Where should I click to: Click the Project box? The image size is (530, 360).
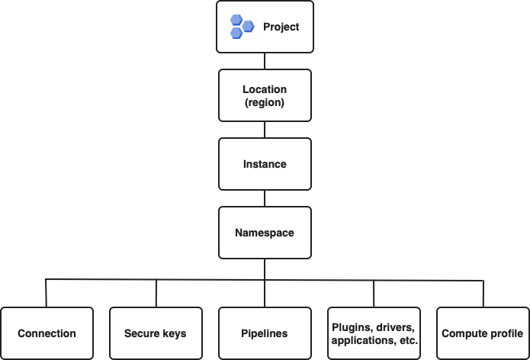[x=265, y=27]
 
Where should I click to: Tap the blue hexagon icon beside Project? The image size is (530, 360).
[x=243, y=27]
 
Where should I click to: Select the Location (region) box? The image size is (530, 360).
[x=265, y=96]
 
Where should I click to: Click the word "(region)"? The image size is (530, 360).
[x=265, y=102]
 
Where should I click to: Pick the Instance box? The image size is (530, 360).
[x=265, y=164]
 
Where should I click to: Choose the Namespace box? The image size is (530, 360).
[x=265, y=233]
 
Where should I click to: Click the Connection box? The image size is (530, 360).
[x=47, y=333]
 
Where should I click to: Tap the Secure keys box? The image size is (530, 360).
[x=156, y=333]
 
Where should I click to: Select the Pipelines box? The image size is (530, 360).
[x=265, y=333]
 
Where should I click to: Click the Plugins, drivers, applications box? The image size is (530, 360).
[x=374, y=333]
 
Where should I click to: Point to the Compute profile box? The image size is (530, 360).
[x=483, y=333]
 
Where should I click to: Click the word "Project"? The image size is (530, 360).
[x=281, y=27]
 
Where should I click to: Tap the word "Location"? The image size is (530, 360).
[x=265, y=90]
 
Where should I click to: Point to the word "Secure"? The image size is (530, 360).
[x=141, y=333]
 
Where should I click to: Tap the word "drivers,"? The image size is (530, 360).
[x=396, y=327]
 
